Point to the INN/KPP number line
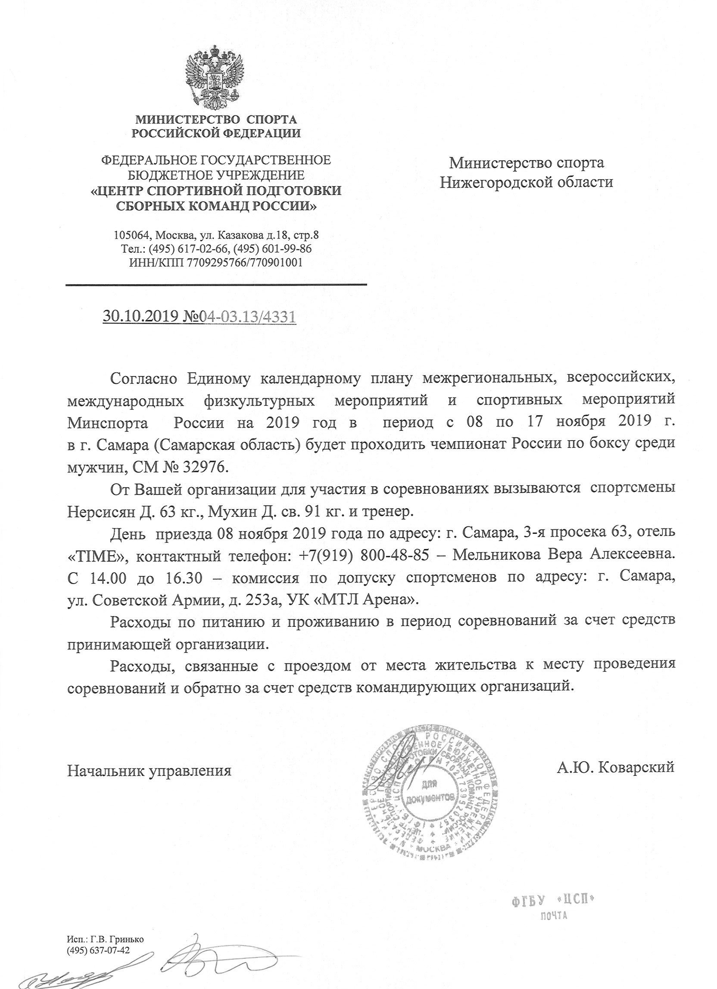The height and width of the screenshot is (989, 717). click(x=216, y=262)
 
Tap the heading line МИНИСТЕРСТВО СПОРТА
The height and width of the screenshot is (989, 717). click(x=216, y=119)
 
